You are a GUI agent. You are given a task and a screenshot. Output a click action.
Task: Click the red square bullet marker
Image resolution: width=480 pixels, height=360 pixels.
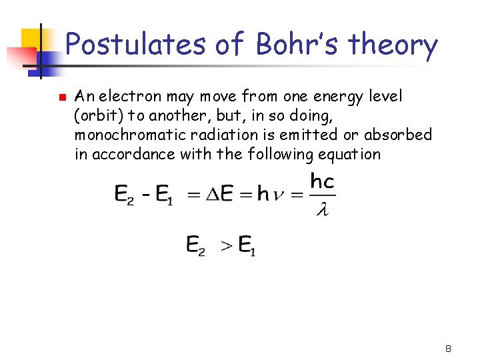click(60, 97)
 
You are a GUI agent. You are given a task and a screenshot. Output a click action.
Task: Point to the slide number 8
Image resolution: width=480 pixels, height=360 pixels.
click(449, 349)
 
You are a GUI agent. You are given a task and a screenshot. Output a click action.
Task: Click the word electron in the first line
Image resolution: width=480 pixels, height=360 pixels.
click(130, 97)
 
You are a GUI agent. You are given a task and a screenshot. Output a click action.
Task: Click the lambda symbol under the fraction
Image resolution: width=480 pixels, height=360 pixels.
click(323, 211)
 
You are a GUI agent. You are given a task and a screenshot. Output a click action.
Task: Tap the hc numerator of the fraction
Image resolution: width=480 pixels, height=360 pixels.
click(323, 181)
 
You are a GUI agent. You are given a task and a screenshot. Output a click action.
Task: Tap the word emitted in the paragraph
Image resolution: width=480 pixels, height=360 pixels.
click(294, 135)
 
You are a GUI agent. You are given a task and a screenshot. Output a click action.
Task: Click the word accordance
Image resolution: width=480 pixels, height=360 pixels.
click(123, 155)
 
